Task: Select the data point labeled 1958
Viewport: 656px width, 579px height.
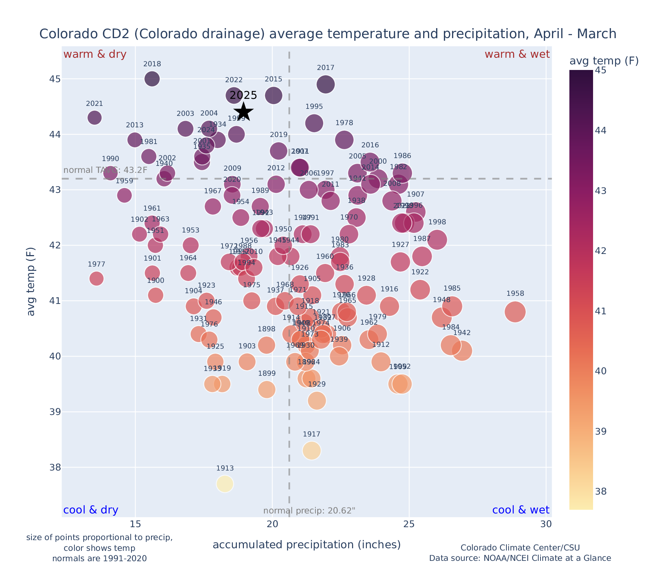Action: click(x=515, y=312)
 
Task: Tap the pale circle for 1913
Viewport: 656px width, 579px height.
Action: click(x=225, y=484)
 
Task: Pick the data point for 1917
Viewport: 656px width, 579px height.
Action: click(x=312, y=451)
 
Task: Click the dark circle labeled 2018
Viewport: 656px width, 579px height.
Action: click(x=152, y=79)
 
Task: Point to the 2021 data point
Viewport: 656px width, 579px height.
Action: click(x=95, y=118)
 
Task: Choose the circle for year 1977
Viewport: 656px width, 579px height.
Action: click(x=96, y=278)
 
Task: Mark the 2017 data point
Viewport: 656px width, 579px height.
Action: click(x=326, y=84)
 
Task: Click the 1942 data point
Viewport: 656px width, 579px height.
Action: click(x=462, y=351)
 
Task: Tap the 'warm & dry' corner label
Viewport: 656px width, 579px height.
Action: click(x=95, y=54)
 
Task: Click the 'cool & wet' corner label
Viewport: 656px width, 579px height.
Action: click(x=521, y=510)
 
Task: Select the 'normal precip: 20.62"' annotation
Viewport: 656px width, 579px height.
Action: click(x=309, y=511)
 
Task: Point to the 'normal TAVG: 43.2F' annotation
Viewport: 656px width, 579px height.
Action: click(x=106, y=170)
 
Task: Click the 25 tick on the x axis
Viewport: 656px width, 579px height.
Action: click(x=409, y=524)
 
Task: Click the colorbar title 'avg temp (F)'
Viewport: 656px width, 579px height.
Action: click(x=604, y=61)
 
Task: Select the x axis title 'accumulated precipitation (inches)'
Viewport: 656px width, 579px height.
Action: click(x=307, y=545)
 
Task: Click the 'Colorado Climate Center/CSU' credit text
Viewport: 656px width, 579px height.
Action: click(x=520, y=548)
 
